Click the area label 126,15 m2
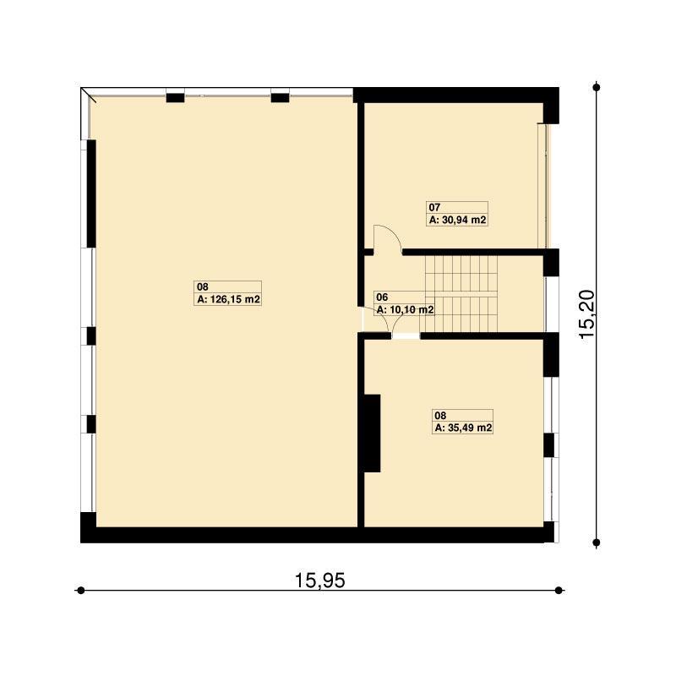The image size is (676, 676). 235,299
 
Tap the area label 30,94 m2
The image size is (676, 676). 464,220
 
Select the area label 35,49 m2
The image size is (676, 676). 470,428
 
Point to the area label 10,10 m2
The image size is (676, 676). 412,309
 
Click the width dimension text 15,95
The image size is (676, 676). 320,581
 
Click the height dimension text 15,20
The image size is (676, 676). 587,314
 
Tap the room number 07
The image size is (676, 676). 434,207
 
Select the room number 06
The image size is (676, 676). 382,297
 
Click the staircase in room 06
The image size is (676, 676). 461,294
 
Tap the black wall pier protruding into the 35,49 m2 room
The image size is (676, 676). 373,433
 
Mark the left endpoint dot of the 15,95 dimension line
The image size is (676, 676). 80,590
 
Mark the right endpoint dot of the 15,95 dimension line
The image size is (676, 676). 559,590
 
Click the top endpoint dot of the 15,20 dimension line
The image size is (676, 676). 597,88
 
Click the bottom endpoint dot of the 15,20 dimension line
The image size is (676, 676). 597,542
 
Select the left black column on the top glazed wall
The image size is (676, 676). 176,98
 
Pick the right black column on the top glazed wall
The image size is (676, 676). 281,98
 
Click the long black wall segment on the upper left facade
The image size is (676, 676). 91,194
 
